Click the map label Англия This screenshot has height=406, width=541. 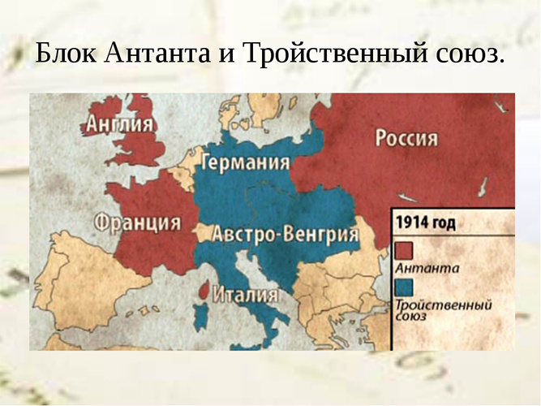tap(119, 125)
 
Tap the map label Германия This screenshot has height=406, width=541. tap(245, 162)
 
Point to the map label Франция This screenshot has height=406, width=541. tap(137, 221)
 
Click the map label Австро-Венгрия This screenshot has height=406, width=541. tap(286, 235)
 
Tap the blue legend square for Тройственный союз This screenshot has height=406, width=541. tap(404, 287)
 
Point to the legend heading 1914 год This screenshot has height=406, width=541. tap(425, 222)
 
